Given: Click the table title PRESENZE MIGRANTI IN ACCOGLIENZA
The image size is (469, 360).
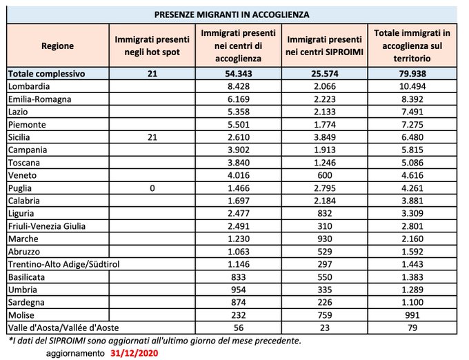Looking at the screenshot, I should coord(231,14).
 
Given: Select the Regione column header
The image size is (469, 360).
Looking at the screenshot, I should coord(58,46).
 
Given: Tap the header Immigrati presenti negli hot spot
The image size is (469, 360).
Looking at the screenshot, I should coord(152,46).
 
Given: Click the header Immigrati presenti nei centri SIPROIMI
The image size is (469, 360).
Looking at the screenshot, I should coord(325,46).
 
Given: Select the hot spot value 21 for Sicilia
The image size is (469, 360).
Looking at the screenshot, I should coord(152,137).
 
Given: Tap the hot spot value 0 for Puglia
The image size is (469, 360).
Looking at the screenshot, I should coord(152,188).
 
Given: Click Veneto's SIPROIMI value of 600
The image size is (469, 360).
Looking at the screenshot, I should coord(325,176).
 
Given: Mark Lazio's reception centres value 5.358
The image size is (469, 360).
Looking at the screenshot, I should coord(239,112).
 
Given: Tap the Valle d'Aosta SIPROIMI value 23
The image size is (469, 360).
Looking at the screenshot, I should coord(325,328).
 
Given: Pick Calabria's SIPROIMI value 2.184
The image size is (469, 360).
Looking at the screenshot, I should coord(325,201).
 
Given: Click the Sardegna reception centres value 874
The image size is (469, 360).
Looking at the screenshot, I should coord(239,302).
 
